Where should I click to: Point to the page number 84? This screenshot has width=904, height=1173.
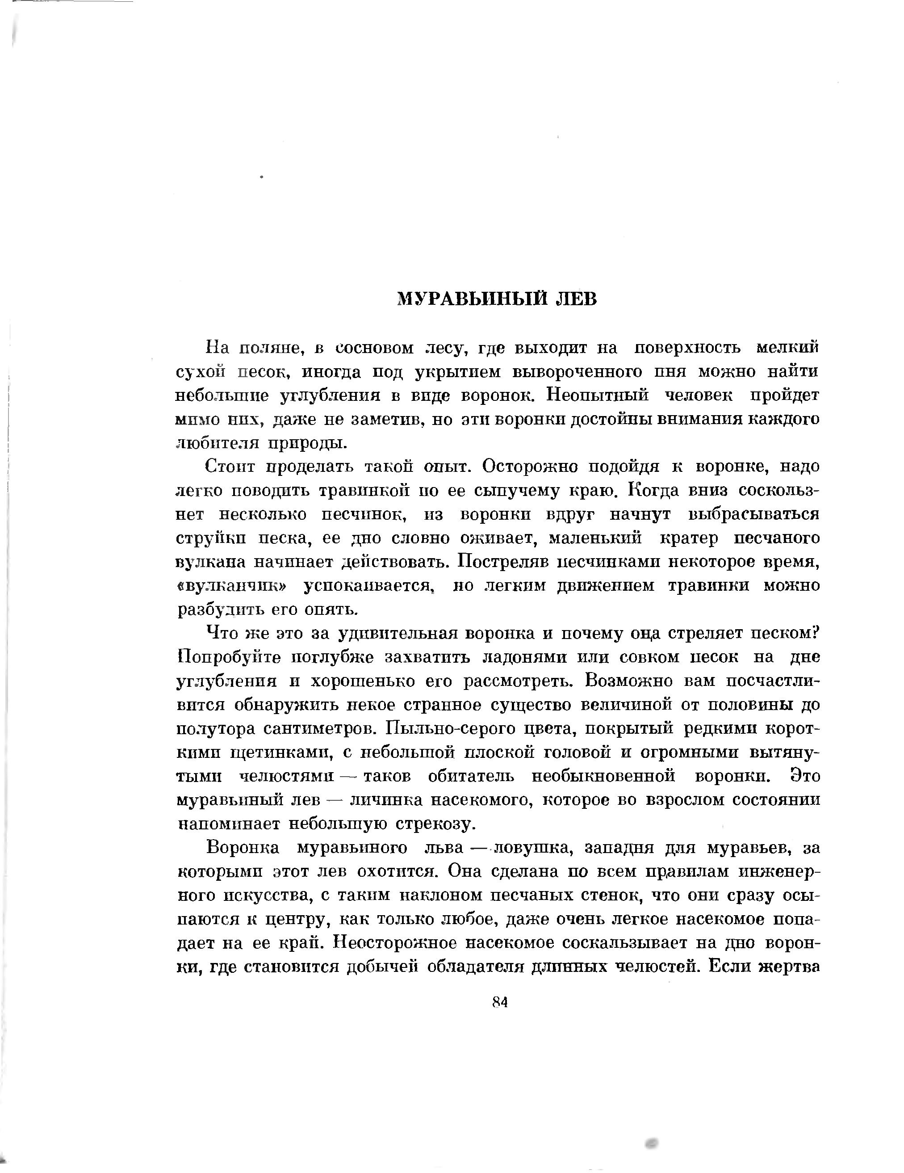click(499, 1002)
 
